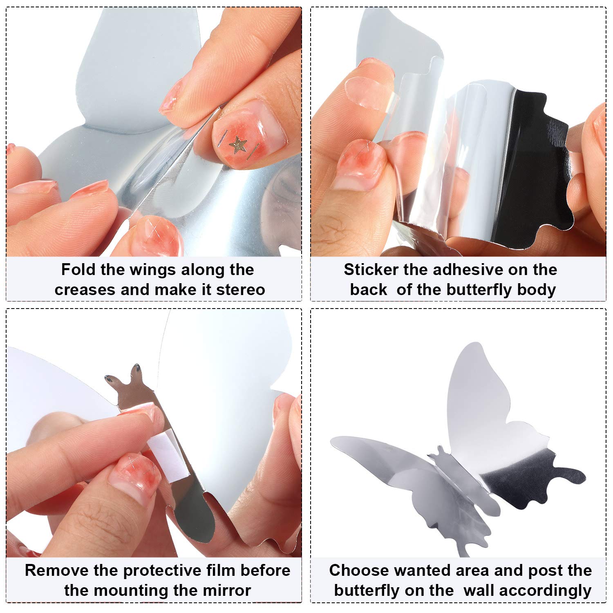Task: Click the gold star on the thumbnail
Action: click(x=238, y=145)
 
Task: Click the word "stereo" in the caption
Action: click(x=241, y=290)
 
